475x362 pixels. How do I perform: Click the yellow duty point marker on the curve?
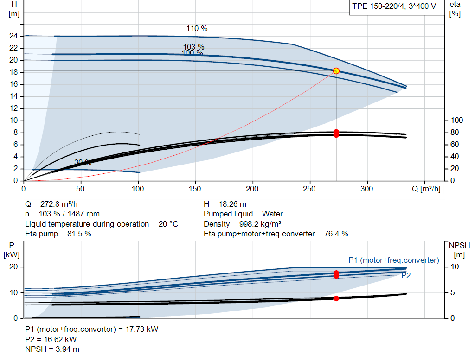[336, 71]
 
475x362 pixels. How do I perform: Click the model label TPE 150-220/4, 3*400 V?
[394, 6]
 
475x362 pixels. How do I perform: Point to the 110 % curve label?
[197, 28]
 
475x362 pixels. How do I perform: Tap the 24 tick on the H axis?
[13, 36]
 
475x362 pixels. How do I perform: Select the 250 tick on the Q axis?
[309, 189]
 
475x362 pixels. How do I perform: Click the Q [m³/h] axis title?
[426, 189]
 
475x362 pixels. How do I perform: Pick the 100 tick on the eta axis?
[457, 121]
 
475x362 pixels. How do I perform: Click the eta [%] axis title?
[455, 9]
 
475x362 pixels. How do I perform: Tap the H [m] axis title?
[14, 9]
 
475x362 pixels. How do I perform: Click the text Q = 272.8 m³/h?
[51, 204]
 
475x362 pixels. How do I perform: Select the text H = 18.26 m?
[225, 204]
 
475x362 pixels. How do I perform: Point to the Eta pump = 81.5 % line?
[58, 234]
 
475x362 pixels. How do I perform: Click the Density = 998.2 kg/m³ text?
[242, 224]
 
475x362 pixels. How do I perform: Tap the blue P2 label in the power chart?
[406, 275]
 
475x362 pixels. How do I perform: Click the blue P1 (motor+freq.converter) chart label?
[394, 260]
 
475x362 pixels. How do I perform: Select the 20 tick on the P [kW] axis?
[13, 267]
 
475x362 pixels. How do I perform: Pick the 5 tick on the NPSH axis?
[453, 292]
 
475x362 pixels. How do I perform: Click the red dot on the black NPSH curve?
[336, 298]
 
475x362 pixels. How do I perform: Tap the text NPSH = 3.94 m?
[52, 349]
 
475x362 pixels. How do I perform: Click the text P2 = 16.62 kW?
[51, 339]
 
